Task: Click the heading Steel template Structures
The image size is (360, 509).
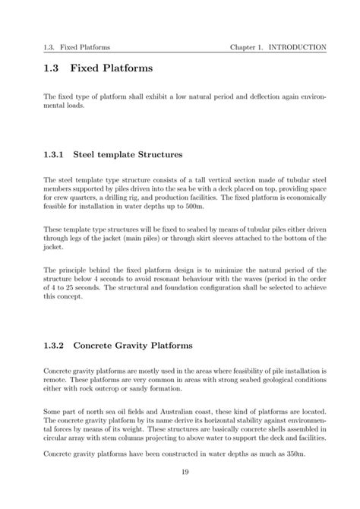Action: point(128,154)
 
